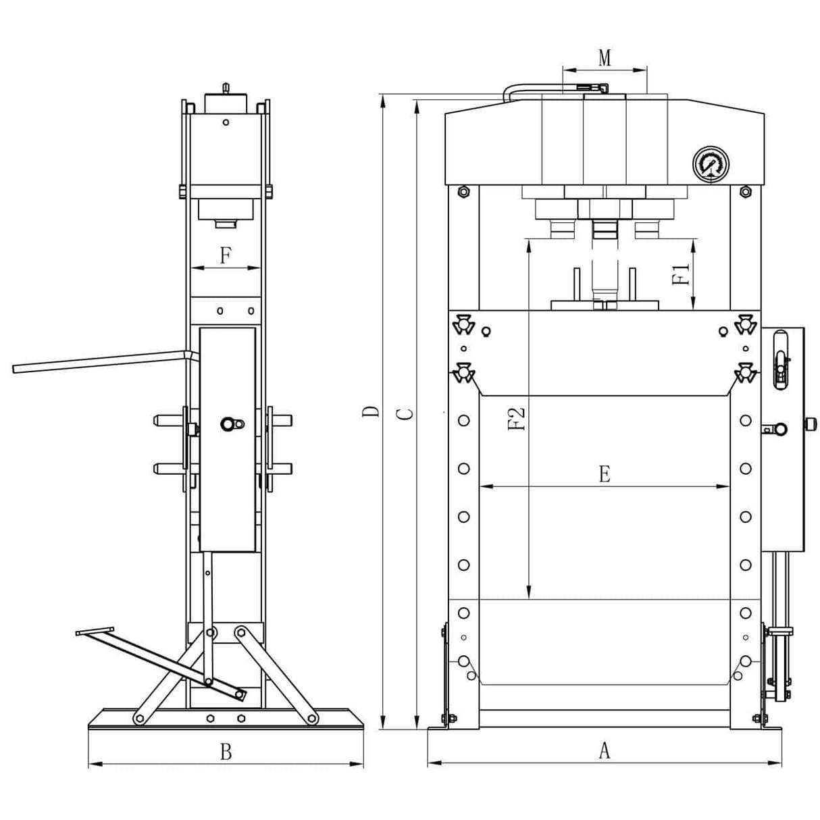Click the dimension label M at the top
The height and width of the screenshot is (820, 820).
click(605, 58)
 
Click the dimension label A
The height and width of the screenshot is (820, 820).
click(605, 750)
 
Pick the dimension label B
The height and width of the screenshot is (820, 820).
click(226, 751)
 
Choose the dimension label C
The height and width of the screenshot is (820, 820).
click(404, 413)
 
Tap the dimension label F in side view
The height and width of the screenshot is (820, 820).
click(226, 256)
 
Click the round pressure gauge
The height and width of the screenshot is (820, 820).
click(709, 163)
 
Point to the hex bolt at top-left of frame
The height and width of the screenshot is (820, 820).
click(463, 192)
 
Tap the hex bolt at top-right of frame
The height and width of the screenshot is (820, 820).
click(746, 192)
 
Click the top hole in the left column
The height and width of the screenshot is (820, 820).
click(463, 421)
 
